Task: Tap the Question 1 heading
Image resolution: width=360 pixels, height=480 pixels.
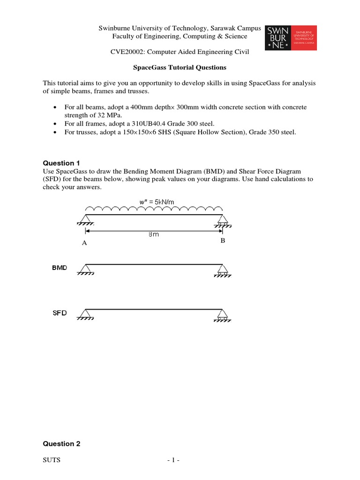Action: [62, 163]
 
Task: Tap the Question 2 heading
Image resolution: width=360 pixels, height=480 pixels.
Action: [62, 443]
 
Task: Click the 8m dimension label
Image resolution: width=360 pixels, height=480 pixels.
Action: [153, 234]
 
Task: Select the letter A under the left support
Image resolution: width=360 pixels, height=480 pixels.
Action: [84, 243]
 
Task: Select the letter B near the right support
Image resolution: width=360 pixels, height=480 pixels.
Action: [223, 240]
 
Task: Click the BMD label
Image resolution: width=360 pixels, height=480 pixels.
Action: [60, 268]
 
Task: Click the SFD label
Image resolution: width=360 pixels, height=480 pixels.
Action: [60, 313]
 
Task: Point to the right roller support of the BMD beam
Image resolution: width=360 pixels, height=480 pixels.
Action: [222, 270]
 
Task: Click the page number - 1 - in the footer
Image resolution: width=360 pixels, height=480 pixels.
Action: [173, 460]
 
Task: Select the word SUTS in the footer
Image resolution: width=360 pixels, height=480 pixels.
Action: [52, 460]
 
